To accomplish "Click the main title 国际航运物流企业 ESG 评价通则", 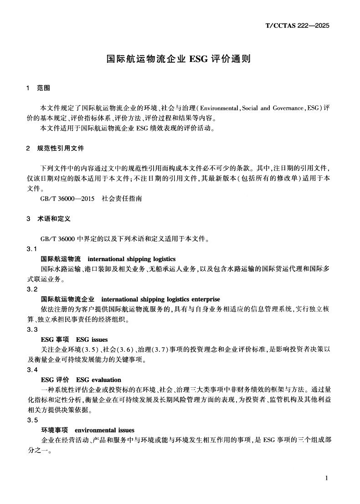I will tap(180, 59).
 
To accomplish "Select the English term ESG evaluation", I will tap(98, 380).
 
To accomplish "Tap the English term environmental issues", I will tap(104, 430).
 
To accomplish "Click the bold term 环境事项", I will tap(54, 430).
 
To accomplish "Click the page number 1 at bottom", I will tap(327, 478).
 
